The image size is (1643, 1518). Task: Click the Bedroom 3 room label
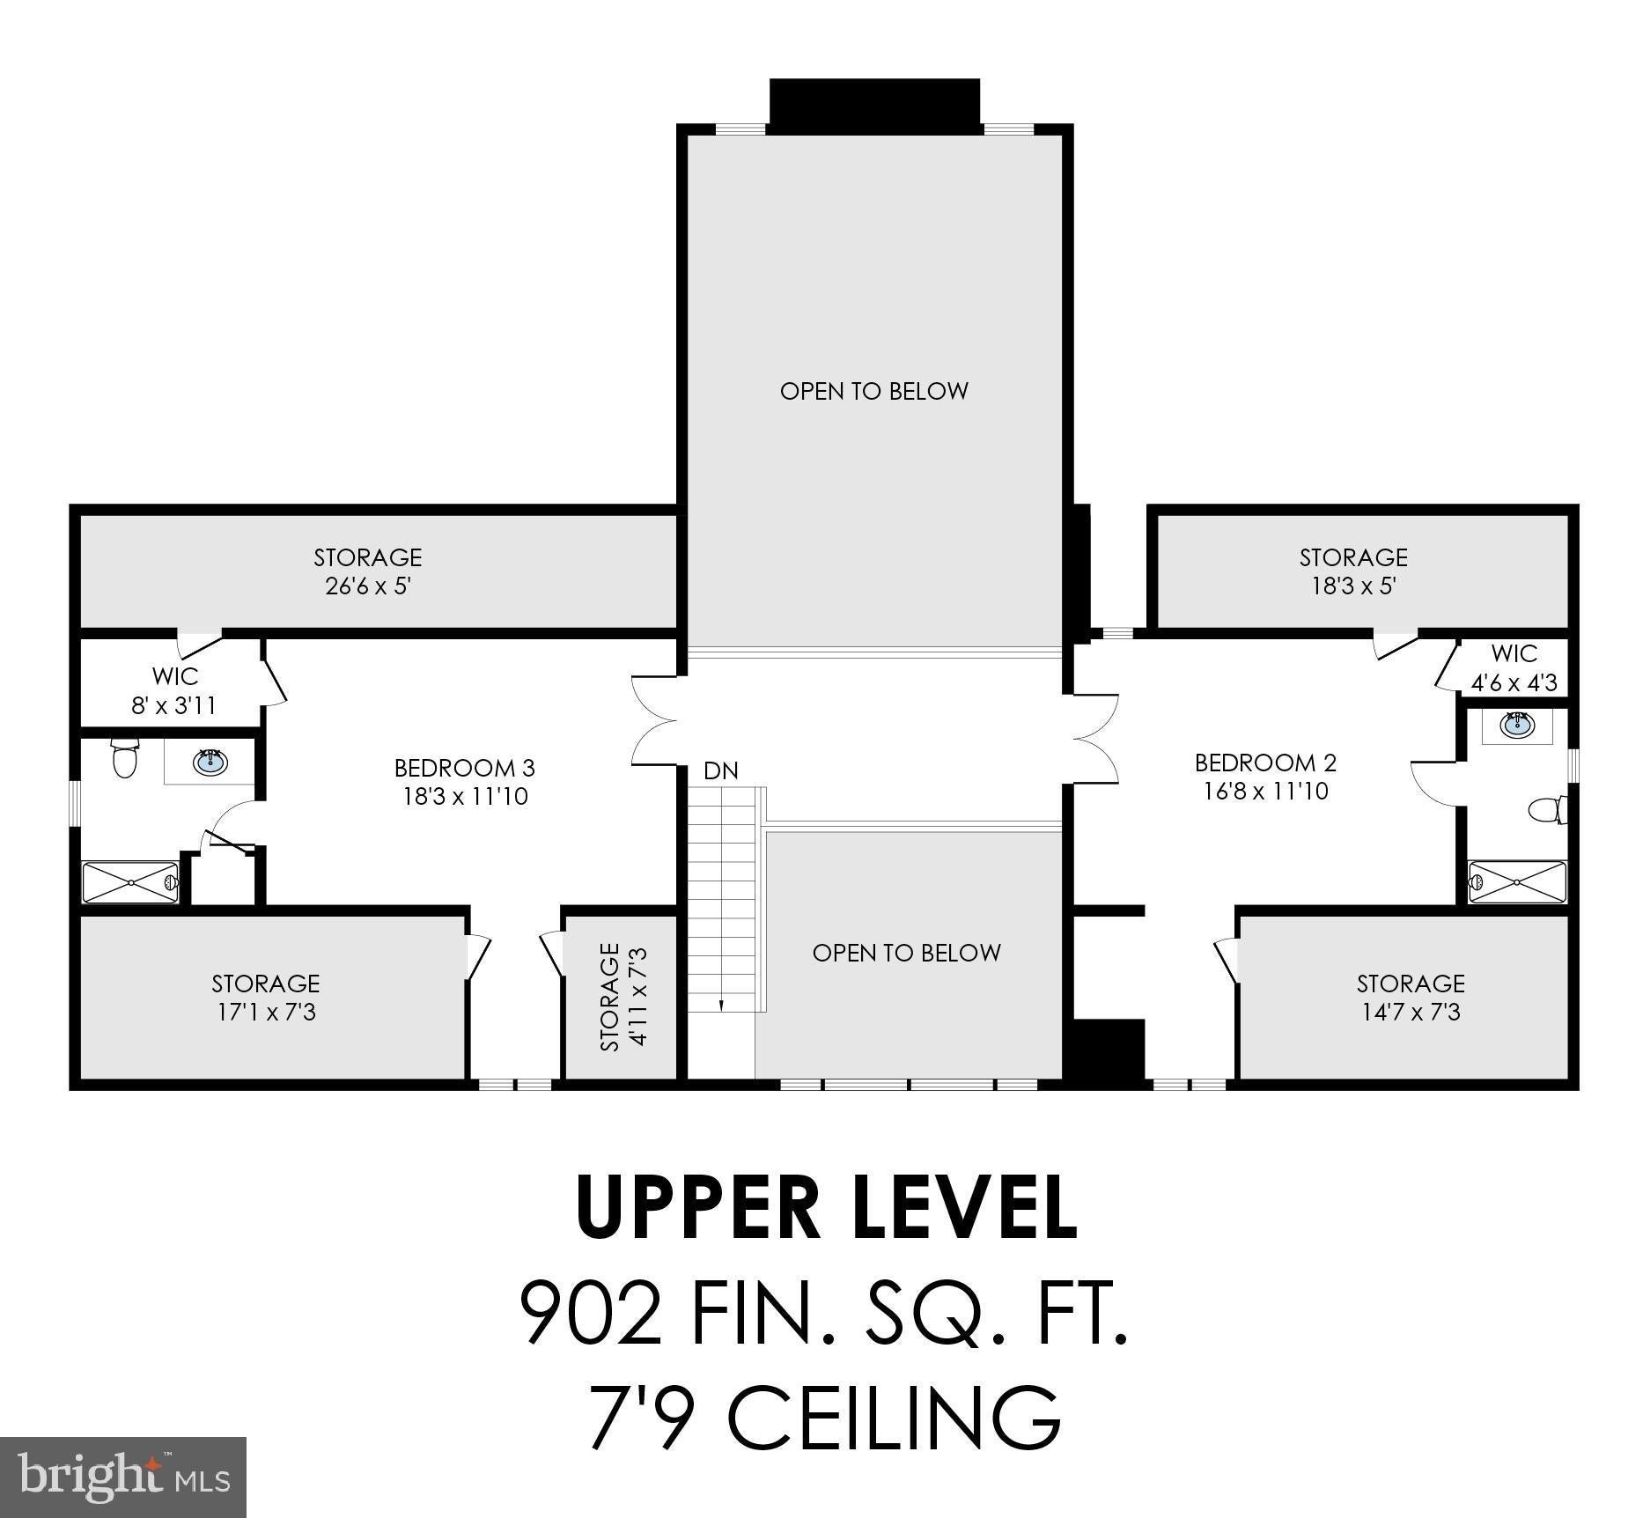click(464, 782)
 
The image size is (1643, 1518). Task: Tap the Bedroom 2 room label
click(1265, 777)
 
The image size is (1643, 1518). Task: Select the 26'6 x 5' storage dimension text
click(368, 586)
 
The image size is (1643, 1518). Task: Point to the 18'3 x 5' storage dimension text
click(1354, 586)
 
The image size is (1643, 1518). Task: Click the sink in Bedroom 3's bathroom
click(210, 762)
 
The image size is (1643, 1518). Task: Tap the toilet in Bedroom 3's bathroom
click(125, 758)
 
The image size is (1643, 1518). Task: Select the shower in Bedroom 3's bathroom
click(131, 882)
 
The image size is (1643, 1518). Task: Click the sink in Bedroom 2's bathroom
click(1516, 726)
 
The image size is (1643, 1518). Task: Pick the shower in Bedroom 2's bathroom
click(1517, 881)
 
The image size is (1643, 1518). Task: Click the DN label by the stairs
click(721, 771)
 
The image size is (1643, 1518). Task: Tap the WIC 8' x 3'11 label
click(173, 691)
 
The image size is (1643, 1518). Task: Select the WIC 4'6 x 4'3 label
click(1514, 667)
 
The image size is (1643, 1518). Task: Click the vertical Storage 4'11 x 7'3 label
click(623, 997)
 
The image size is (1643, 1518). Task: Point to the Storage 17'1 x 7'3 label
click(266, 998)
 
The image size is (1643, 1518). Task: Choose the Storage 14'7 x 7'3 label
click(1411, 998)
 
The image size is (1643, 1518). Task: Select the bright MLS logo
click(123, 1477)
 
